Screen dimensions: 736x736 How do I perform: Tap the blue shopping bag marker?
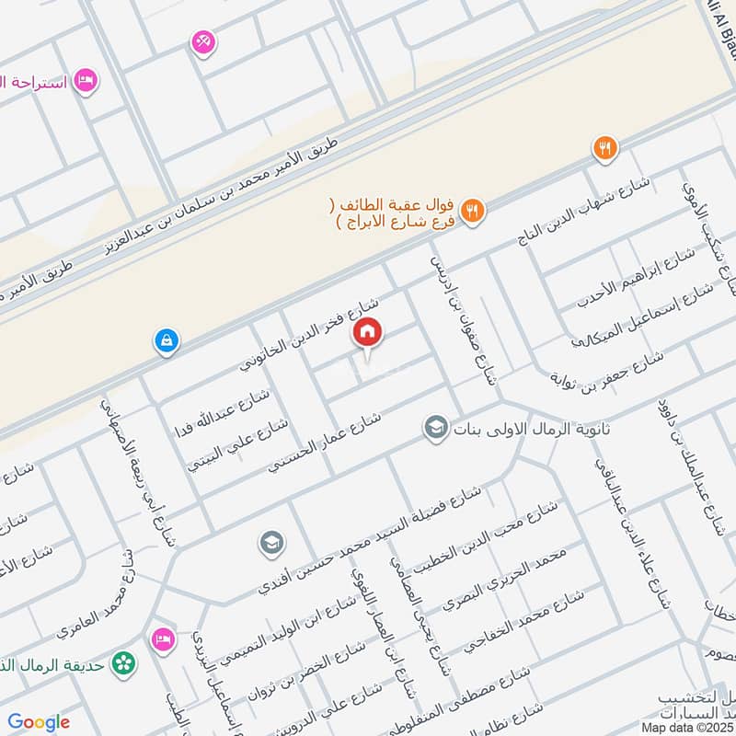(x=167, y=341)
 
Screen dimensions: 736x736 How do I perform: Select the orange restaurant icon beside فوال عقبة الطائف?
(x=472, y=210)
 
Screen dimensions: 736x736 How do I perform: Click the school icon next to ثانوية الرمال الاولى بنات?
(x=435, y=428)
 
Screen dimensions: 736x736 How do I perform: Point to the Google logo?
(x=40, y=722)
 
